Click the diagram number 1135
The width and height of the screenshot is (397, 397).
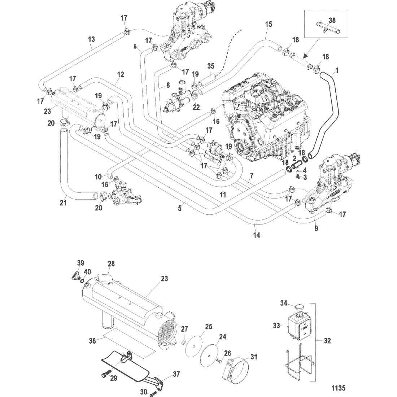click(x=339, y=388)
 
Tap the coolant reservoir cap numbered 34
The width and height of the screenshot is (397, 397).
click(x=299, y=307)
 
